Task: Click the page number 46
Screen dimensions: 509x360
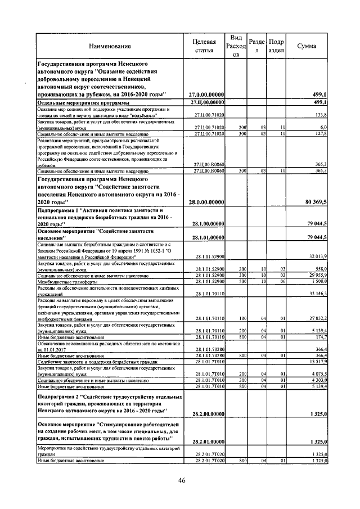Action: coord(182,480)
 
